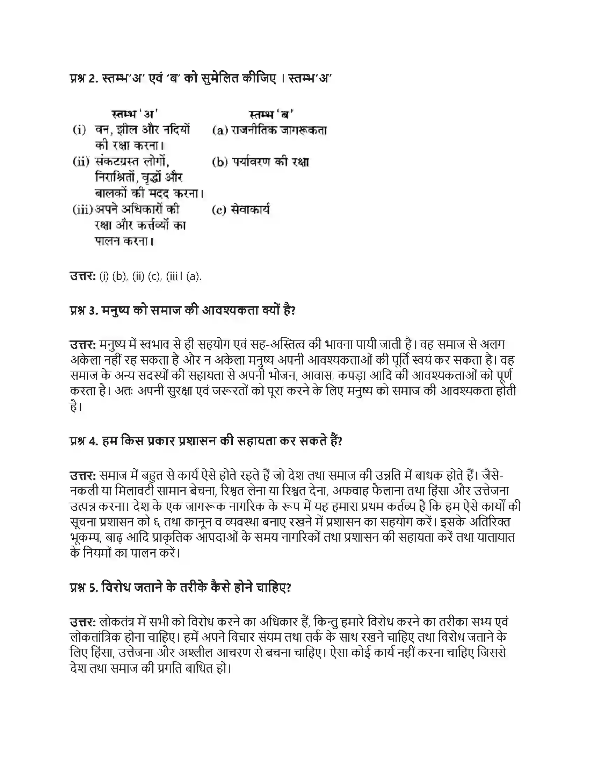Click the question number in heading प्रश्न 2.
click(x=93, y=79)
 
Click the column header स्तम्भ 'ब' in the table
click(x=271, y=114)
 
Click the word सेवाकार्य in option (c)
click(x=250, y=210)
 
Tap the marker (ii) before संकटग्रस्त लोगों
click(x=81, y=162)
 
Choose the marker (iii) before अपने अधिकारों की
click(x=82, y=210)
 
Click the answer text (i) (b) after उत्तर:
click(x=113, y=276)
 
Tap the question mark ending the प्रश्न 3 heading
click(x=293, y=310)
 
